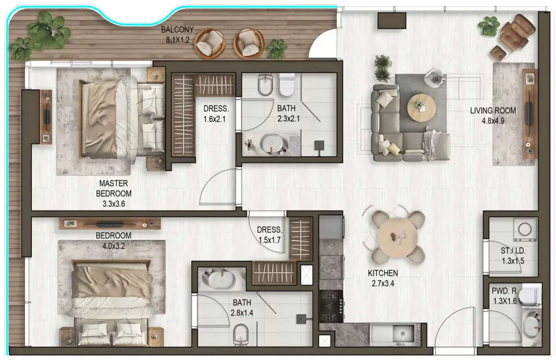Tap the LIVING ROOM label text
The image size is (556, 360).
(x=493, y=111)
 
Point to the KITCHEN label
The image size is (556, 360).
(x=383, y=273)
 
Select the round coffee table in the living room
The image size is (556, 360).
(x=421, y=107)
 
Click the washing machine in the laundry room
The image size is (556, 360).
(x=525, y=229)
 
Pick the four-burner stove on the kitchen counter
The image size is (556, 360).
(x=331, y=306)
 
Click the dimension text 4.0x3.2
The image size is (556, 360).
(x=110, y=246)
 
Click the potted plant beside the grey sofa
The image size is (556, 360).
(x=383, y=68)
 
